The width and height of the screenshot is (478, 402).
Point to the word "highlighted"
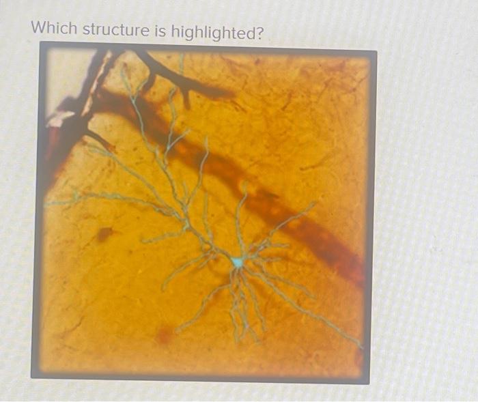tap(213, 30)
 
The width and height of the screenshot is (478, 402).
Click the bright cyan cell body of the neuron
tap(237, 261)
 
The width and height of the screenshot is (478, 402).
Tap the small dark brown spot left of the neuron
tap(104, 234)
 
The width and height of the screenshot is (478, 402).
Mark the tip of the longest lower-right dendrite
tap(360, 345)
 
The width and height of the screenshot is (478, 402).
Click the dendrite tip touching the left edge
tap(48, 204)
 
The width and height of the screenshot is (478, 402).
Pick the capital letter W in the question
tap(39, 29)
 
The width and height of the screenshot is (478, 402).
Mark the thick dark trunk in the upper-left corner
tap(75, 123)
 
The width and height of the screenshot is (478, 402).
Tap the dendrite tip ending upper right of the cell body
tap(315, 203)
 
